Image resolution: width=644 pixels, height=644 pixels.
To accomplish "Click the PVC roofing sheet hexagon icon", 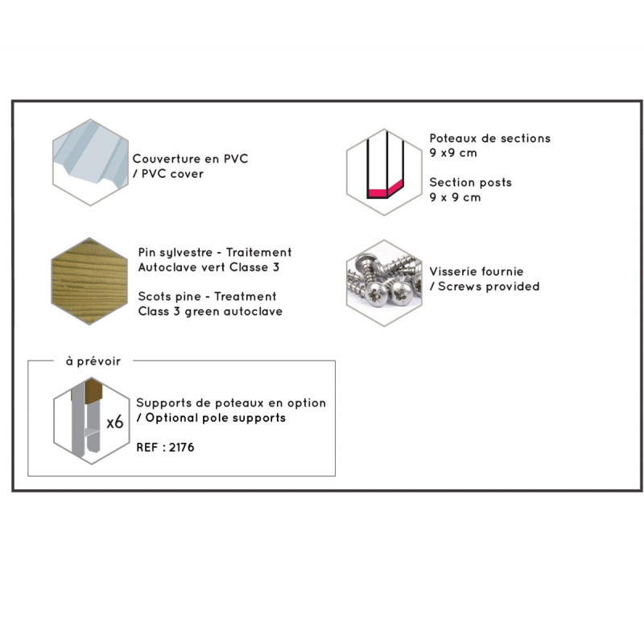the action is [x=90, y=163].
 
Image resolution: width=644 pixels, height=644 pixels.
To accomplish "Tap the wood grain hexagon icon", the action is [x=89, y=281].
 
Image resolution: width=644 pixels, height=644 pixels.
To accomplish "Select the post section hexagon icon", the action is [x=384, y=172].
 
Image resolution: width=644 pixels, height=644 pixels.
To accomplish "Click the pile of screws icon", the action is [x=384, y=283].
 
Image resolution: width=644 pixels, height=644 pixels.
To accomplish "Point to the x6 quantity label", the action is [x=115, y=422].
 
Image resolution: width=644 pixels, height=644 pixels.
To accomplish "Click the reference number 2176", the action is [x=182, y=448].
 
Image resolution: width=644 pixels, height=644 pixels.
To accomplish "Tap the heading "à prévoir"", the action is [x=93, y=361].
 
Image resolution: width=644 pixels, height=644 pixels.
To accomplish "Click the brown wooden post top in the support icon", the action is [x=93, y=391].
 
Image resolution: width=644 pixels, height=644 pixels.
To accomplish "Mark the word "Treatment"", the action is [x=246, y=296].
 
